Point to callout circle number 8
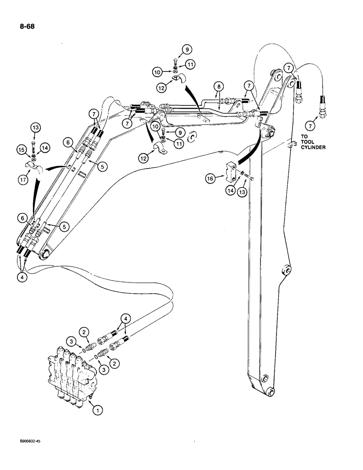[x=218, y=86]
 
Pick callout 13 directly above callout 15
[x=36, y=127]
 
